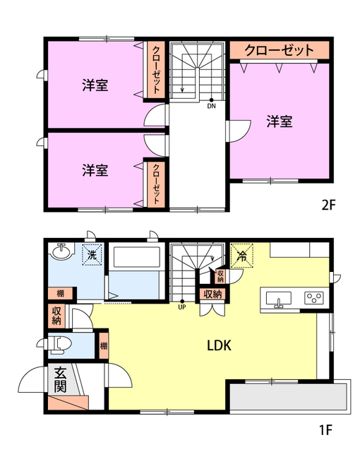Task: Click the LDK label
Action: point(220,346)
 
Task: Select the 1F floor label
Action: point(324,428)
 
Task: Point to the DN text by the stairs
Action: point(212,107)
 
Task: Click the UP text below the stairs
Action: point(181,307)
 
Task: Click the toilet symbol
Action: point(62,345)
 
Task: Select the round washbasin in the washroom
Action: point(60,252)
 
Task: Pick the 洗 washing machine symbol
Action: point(91,255)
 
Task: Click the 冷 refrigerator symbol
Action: point(241,255)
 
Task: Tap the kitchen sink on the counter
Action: point(279,299)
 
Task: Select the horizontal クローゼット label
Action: point(279,50)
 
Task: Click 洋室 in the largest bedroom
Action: point(280,121)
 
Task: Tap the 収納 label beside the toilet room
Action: point(57,315)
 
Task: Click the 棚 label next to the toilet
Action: point(104,345)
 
